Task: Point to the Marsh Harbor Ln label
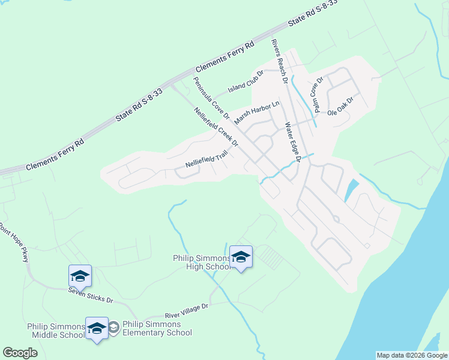tap(257, 112)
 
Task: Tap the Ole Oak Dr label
tap(340, 107)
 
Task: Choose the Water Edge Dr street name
tap(292, 142)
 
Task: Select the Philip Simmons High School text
tap(200, 262)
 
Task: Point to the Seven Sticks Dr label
tap(90, 295)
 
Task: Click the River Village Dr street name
tap(186, 311)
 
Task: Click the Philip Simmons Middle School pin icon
tap(97, 329)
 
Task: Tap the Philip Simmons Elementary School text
tap(157, 328)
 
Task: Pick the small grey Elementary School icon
tap(113, 328)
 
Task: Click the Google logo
tap(20, 353)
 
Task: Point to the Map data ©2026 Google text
tap(412, 355)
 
